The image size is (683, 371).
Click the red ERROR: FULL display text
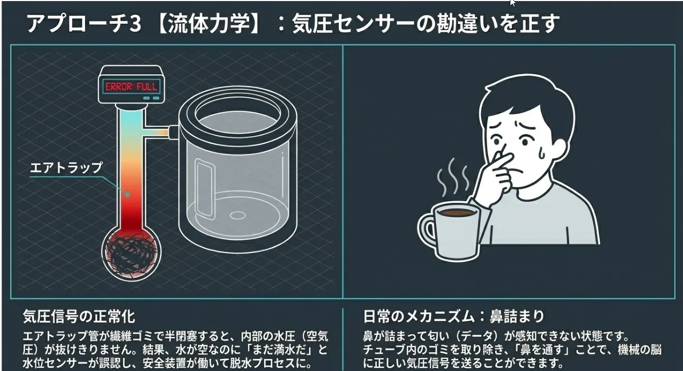131,87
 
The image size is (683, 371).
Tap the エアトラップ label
66,168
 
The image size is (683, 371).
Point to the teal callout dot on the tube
128,194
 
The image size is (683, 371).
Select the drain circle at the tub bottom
237,215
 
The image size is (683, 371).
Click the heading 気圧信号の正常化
79,316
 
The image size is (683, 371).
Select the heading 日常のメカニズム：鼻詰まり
454,316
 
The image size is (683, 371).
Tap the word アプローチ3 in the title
84,23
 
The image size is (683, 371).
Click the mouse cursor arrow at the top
513,3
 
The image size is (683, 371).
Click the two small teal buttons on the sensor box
151,98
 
